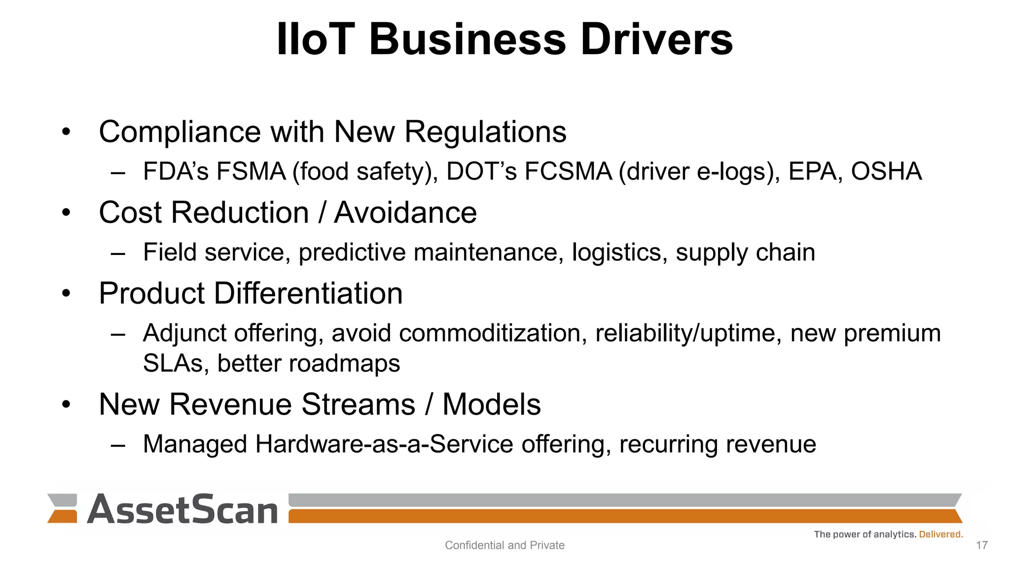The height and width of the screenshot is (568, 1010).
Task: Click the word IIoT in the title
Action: coord(316,39)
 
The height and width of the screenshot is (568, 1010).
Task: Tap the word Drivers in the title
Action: coord(657,39)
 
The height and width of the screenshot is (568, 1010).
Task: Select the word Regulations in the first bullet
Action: coord(485,132)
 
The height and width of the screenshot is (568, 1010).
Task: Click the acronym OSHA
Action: coord(886,172)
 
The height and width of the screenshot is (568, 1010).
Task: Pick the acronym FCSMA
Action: coord(568,172)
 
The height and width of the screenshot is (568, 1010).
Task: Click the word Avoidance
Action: coord(405,213)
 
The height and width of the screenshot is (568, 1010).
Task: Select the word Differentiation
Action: coord(308,293)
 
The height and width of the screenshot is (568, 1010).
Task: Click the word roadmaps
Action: coord(344,364)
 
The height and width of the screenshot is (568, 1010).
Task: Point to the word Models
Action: coord(491,404)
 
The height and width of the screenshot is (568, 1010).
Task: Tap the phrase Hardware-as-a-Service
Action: coord(384,444)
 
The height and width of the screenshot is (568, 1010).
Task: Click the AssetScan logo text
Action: coord(182,509)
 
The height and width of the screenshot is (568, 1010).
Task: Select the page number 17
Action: coord(981,545)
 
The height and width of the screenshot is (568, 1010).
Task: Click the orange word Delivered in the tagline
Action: coord(940,534)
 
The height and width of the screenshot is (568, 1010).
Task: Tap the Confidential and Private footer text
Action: coord(505,545)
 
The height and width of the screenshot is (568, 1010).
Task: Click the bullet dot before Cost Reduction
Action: coord(67,213)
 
